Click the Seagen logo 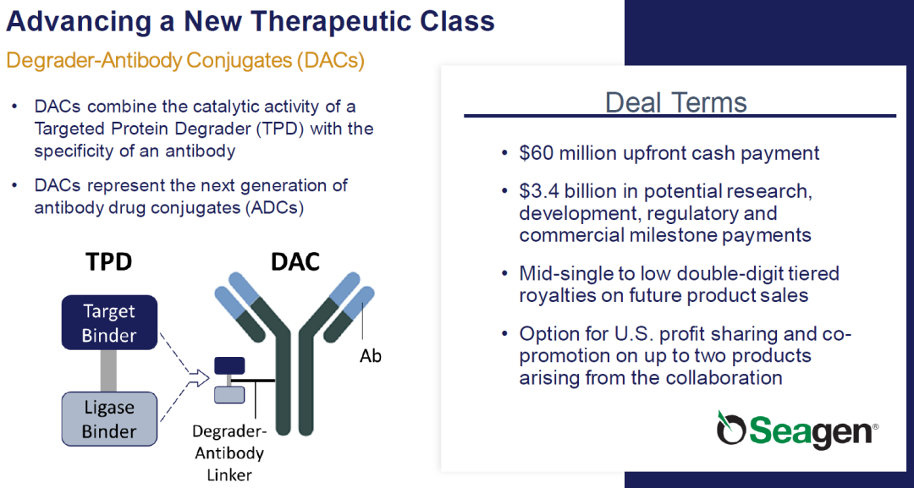(x=797, y=429)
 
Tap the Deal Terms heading (x=676, y=102)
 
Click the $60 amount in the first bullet (x=537, y=153)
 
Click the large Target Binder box (x=109, y=322)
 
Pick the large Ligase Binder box (x=109, y=419)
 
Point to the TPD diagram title (x=109, y=262)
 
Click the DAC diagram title (x=295, y=262)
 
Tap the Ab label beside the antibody (x=370, y=356)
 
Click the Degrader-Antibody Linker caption (x=229, y=453)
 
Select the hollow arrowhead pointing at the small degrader (x=201, y=379)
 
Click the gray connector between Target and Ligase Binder (x=108, y=371)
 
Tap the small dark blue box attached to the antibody (x=229, y=365)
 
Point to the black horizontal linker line (x=253, y=381)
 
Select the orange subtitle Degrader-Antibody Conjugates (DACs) (x=185, y=61)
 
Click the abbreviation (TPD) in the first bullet (x=280, y=129)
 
